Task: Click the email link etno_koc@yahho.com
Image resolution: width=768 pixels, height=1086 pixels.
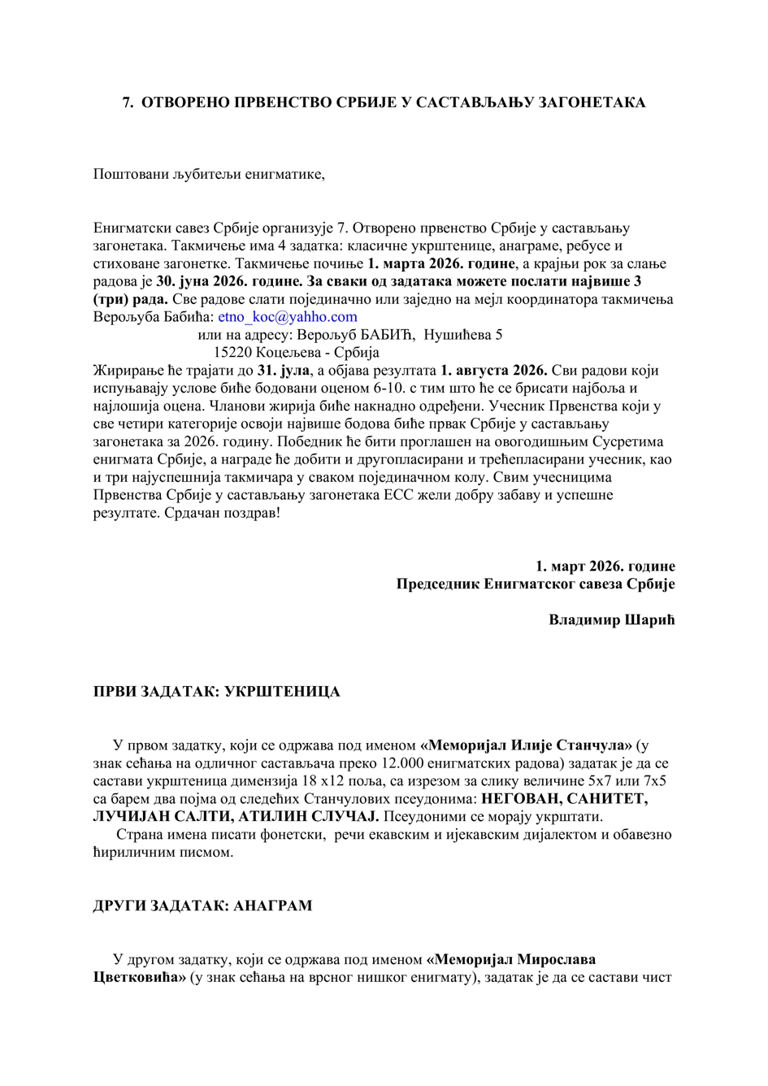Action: pyautogui.click(x=288, y=317)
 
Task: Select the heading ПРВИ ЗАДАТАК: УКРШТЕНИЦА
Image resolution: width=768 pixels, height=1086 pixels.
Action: pyautogui.click(x=216, y=692)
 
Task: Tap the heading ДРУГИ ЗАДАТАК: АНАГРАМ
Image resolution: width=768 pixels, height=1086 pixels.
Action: pyautogui.click(x=202, y=905)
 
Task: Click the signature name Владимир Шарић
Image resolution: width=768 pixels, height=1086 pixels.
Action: pyautogui.click(x=611, y=619)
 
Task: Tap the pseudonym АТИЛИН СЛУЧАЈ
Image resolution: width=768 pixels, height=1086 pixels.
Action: pyautogui.click(x=310, y=816)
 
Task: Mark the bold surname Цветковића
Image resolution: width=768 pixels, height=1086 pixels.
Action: pyautogui.click(x=140, y=976)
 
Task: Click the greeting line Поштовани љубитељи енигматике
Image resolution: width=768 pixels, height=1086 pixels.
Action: pyautogui.click(x=209, y=174)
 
